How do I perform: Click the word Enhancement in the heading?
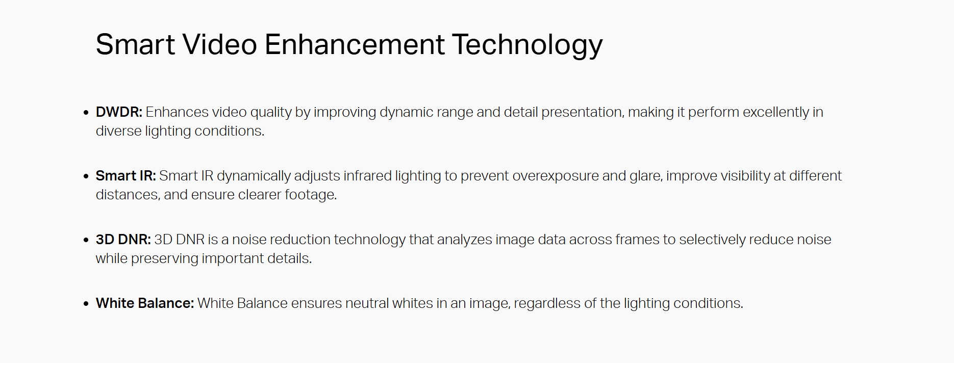point(355,44)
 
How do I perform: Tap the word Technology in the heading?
point(528,46)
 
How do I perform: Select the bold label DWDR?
point(119,112)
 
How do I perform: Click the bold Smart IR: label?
point(125,176)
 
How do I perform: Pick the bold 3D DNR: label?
point(123,240)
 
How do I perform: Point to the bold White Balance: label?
point(145,303)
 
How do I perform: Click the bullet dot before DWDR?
point(86,113)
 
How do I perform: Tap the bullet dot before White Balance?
point(86,304)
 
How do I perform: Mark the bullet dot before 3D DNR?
point(86,240)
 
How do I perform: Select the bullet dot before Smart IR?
point(86,176)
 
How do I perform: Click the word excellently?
point(776,113)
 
